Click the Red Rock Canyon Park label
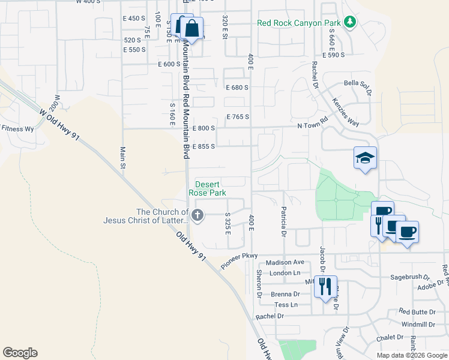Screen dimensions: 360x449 299,23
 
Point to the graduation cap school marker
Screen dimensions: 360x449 365,158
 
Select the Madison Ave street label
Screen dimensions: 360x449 286,262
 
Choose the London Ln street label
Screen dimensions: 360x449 285,273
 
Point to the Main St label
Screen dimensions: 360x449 122,157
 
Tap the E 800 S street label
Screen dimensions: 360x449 204,128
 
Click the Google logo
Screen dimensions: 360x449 20,353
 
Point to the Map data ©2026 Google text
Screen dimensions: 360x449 411,355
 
